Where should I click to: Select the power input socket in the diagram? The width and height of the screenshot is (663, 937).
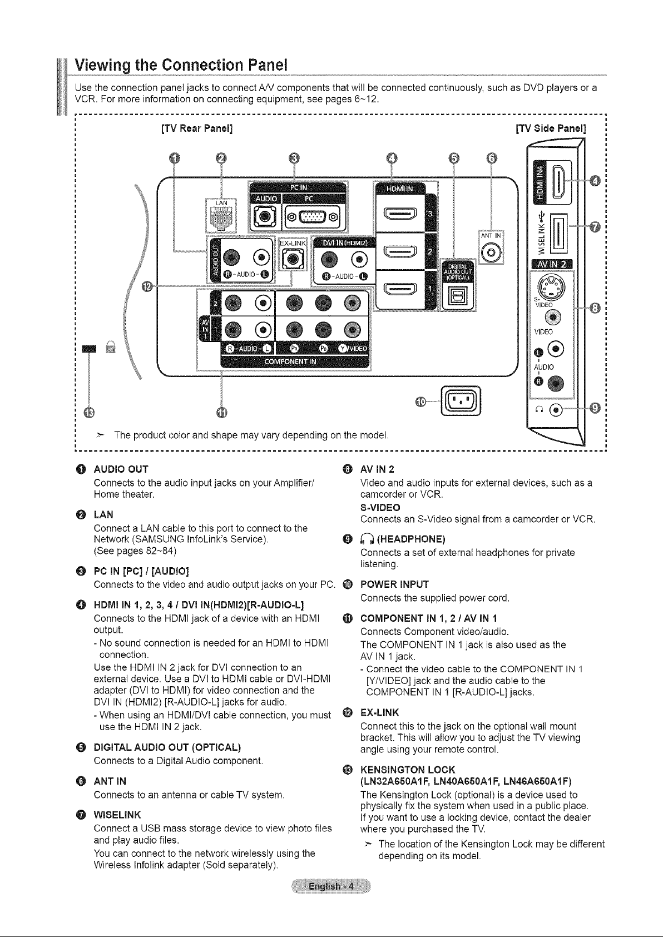461,401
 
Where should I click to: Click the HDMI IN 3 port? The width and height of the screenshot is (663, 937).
400,214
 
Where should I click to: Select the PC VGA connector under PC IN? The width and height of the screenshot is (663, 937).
313,216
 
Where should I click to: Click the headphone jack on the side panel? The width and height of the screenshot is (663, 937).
556,409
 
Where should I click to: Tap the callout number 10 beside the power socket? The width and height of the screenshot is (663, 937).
420,401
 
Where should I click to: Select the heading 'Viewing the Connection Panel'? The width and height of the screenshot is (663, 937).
181,65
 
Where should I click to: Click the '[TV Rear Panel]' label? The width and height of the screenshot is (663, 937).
196,128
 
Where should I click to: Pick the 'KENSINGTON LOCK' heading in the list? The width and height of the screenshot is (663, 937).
407,769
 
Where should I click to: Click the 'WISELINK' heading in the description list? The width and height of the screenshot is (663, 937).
117,815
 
